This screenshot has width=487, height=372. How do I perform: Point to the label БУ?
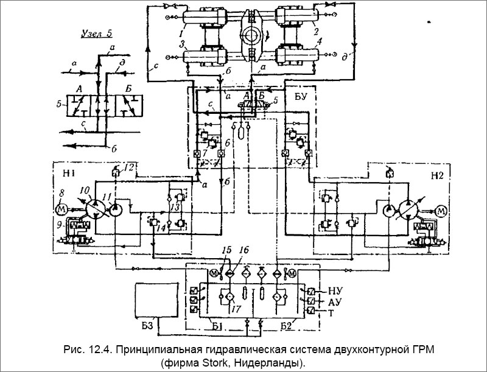pyautogui.click(x=301, y=96)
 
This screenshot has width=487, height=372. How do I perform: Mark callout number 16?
pyautogui.click(x=244, y=250)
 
